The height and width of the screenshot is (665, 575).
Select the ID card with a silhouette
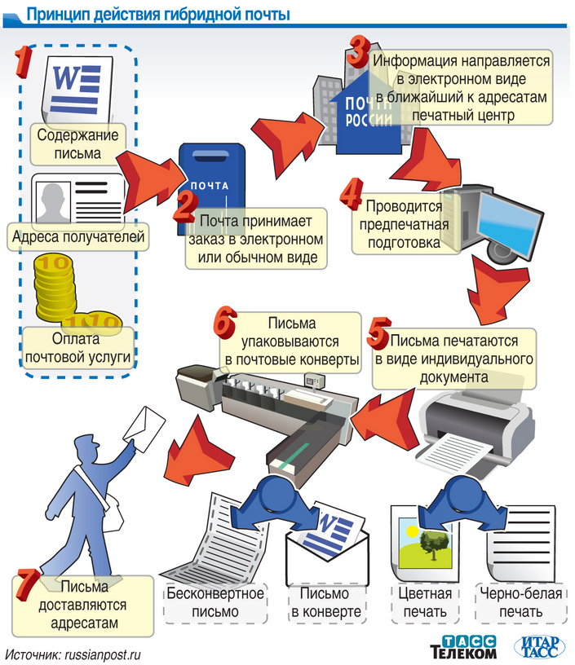(77, 200)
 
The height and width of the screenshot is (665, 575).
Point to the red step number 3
(357, 50)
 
